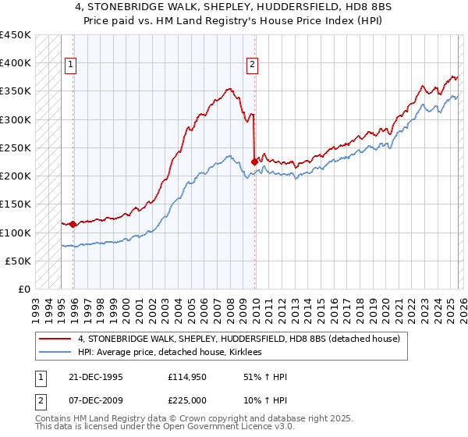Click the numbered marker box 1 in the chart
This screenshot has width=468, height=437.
70,66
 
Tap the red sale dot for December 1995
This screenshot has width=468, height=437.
73,224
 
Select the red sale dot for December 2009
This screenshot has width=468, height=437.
254,162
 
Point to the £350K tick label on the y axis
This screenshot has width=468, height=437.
16,91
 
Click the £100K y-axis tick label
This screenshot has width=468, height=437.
16,233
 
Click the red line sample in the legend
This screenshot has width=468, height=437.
55,339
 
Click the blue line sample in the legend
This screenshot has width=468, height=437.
55,353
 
